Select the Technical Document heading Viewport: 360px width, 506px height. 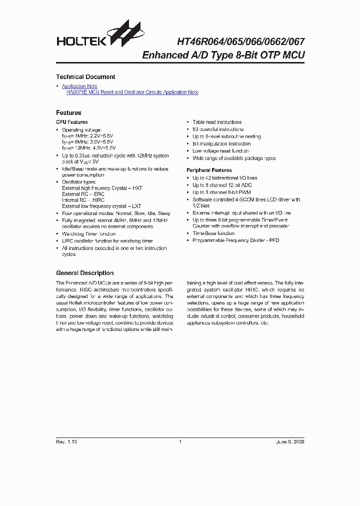[x=85, y=77]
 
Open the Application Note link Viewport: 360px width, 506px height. [x=79, y=86]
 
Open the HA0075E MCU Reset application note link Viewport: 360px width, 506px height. [x=132, y=92]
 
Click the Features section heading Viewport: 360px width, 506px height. [x=68, y=113]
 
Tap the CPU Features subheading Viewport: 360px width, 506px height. [x=71, y=122]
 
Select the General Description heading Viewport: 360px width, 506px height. [x=84, y=273]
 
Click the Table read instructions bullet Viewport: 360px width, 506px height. [x=217, y=122]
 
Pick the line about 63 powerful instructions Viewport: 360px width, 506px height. [x=218, y=129]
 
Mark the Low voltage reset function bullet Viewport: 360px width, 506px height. [x=220, y=151]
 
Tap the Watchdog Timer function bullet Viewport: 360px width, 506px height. [x=88, y=234]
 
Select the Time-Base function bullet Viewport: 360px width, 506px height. [x=213, y=233]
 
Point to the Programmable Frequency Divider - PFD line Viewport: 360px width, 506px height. [x=235, y=240]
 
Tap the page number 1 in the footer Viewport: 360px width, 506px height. [x=179, y=442]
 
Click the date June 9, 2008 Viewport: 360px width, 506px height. [x=289, y=442]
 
